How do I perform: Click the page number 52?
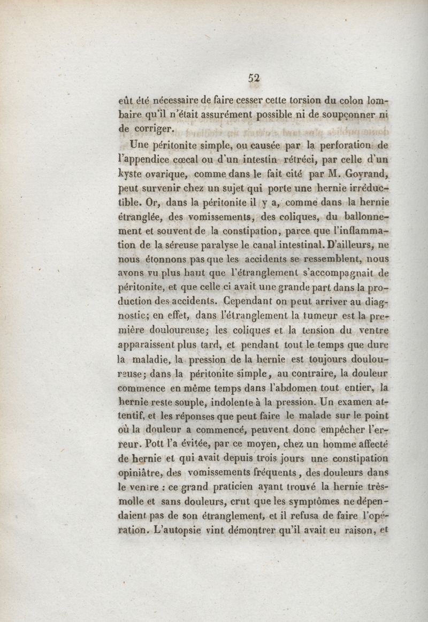[x=254, y=78]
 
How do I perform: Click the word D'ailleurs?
[x=346, y=245]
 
